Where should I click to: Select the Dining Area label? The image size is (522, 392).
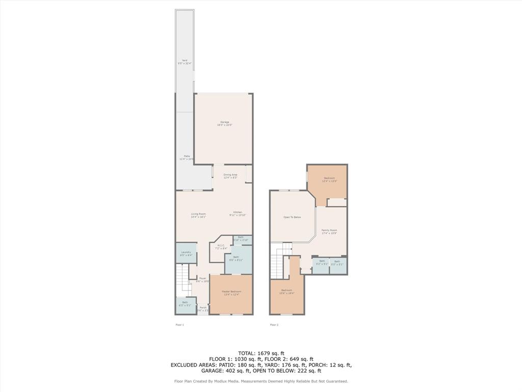tap(230, 176)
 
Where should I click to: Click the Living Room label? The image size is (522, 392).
tap(198, 215)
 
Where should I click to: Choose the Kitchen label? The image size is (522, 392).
tap(238, 213)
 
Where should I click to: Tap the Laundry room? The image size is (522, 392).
tap(186, 253)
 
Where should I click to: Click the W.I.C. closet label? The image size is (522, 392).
tap(221, 247)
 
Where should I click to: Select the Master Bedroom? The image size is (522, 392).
tap(231, 292)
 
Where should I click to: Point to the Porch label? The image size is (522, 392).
tap(203, 309)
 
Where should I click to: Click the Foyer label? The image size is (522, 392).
tap(202, 279)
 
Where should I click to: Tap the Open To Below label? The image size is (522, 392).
tap(292, 217)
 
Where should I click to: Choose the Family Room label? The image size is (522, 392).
tap(329, 231)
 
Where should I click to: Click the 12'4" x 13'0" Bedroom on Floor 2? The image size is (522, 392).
tap(329, 179)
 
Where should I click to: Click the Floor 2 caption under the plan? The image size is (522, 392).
tap(274, 325)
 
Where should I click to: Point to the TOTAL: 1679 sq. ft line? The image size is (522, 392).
tap(261, 353)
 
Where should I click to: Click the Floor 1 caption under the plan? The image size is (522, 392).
tap(179, 325)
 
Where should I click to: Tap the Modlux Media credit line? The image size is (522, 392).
tap(261, 381)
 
